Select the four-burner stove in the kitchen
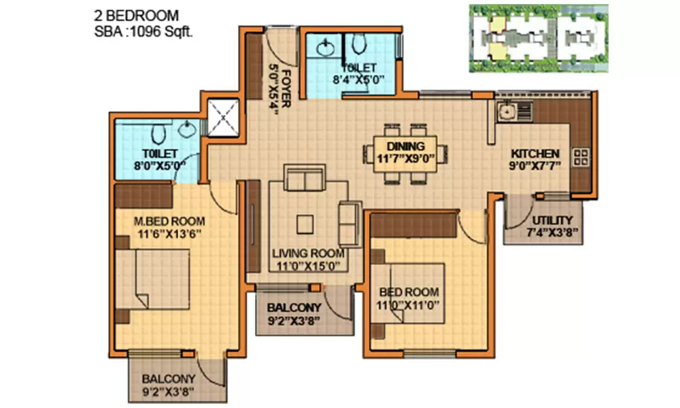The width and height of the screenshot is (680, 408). [582, 157]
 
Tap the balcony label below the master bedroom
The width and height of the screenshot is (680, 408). [169, 385]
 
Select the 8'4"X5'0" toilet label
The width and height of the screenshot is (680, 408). [358, 73]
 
